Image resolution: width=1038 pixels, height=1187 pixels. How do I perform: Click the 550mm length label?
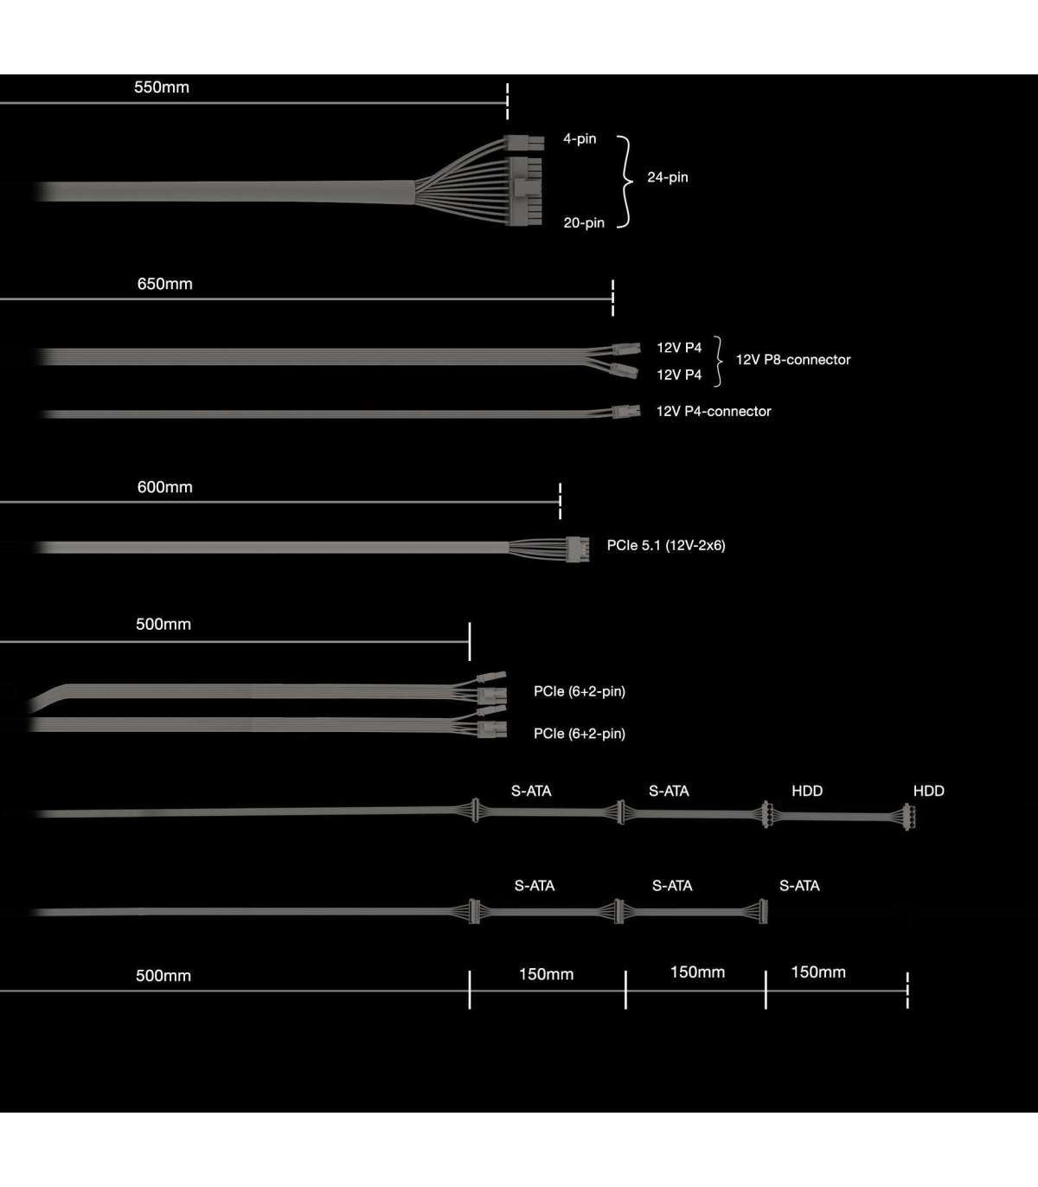click(x=161, y=87)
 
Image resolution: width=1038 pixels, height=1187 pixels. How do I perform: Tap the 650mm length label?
click(x=164, y=284)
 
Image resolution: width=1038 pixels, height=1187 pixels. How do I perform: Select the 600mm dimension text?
click(x=164, y=487)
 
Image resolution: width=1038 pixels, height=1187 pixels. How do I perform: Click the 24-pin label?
click(x=668, y=177)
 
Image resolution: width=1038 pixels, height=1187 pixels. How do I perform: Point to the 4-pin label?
click(x=580, y=138)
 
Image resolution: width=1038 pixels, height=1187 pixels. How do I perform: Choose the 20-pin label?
click(x=584, y=223)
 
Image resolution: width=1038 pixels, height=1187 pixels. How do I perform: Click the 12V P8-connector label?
click(x=792, y=360)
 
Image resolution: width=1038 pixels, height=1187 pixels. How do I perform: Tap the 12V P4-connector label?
click(x=714, y=411)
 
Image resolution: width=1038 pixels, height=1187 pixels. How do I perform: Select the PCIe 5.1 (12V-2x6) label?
click(x=666, y=545)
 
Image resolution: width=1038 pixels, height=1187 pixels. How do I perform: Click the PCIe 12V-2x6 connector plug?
click(x=578, y=549)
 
